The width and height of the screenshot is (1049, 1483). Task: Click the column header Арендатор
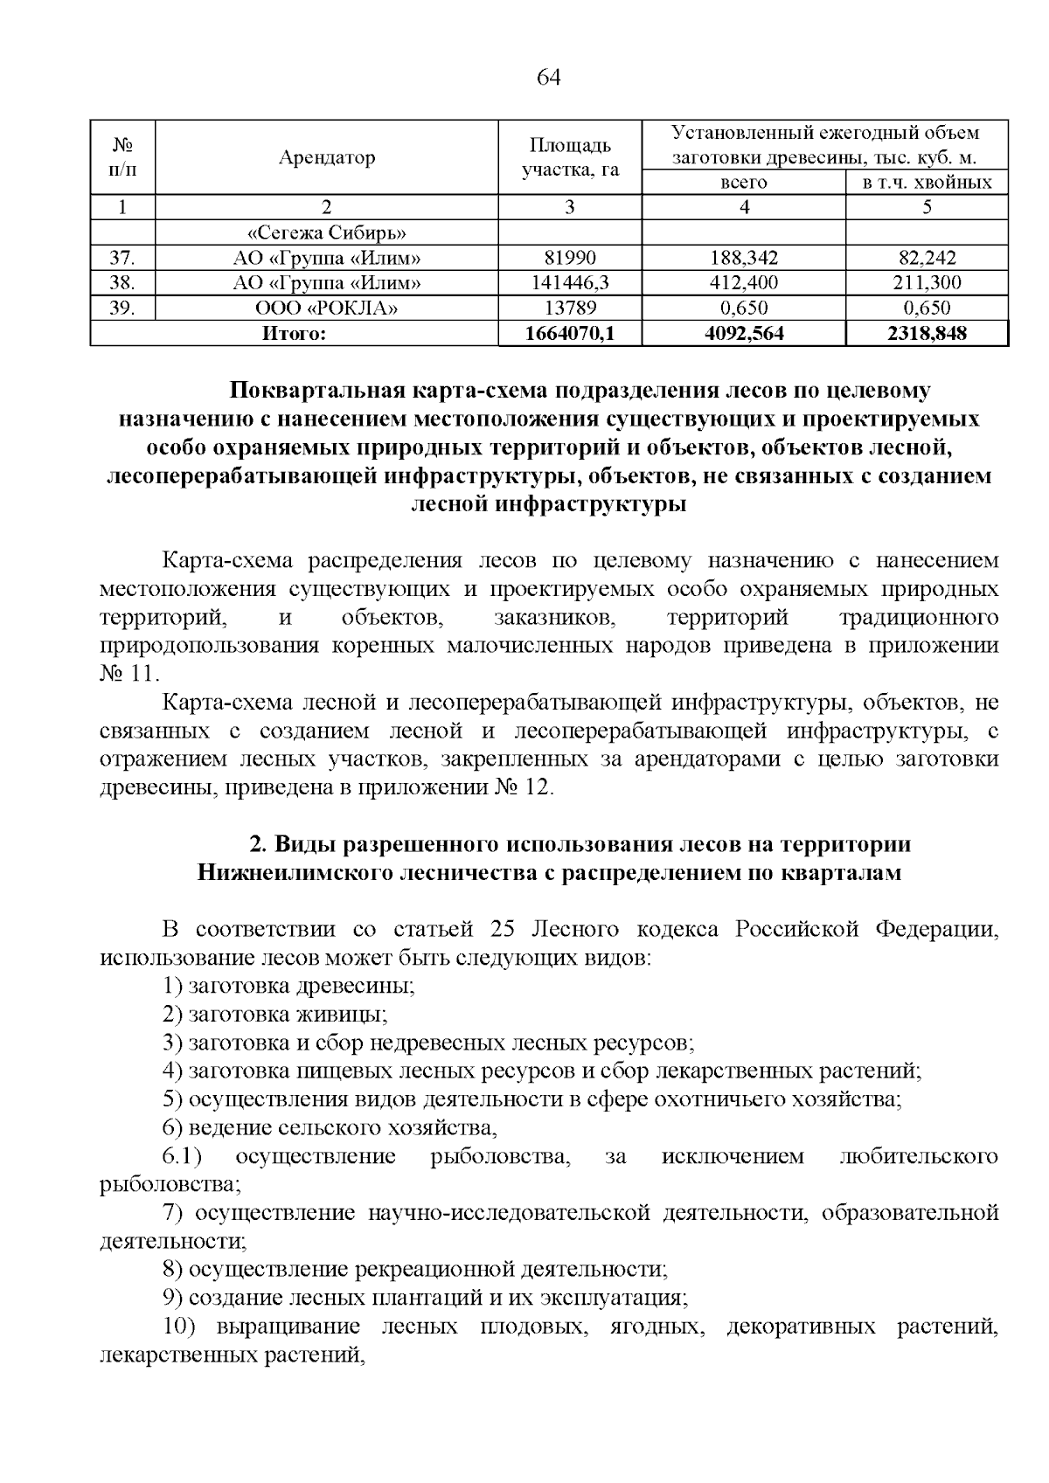coord(327,157)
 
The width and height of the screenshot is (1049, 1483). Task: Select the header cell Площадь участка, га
coord(570,157)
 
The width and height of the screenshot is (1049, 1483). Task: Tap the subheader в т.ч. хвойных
coord(927,183)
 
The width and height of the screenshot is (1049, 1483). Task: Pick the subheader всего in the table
coord(743,183)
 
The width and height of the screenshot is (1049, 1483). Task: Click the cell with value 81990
coord(570,258)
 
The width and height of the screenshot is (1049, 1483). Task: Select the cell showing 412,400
coord(743,282)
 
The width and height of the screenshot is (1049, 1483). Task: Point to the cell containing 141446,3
coord(570,282)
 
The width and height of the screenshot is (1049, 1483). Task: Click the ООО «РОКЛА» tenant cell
coord(327,308)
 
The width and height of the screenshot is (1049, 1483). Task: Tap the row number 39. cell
coord(122,308)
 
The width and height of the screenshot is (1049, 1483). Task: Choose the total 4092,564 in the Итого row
coord(743,333)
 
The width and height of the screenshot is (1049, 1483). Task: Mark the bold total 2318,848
coord(927,333)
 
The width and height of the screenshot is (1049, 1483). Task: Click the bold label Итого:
coord(295,333)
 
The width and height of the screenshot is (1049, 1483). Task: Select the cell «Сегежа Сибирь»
coord(327,232)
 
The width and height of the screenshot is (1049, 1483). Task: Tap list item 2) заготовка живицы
coord(276,1014)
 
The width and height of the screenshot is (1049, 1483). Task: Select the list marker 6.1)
coord(183,1156)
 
